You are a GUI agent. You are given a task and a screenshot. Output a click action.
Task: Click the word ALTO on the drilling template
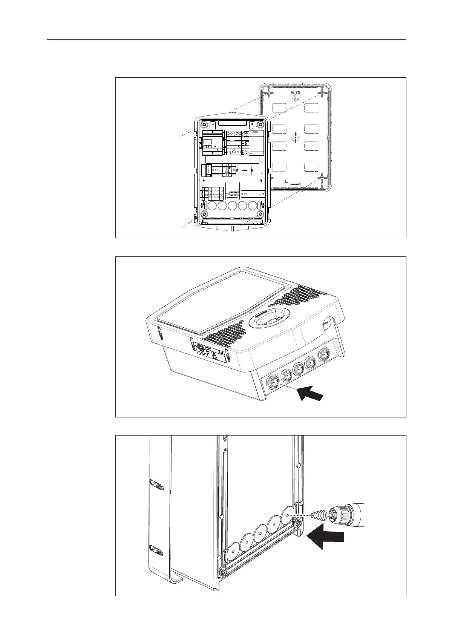pyautogui.click(x=295, y=92)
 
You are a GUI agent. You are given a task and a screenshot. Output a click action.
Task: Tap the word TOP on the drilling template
pyautogui.click(x=295, y=100)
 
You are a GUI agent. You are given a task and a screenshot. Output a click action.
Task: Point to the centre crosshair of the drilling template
pyautogui.click(x=295, y=138)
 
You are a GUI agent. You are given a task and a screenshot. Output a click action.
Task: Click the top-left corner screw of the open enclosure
pyautogui.click(x=204, y=125)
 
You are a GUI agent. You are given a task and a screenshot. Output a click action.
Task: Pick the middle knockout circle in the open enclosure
pyautogui.click(x=232, y=206)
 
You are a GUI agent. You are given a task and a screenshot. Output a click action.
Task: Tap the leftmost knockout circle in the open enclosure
pyautogui.click(x=212, y=206)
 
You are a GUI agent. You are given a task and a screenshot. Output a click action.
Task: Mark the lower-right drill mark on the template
pyautogui.click(x=322, y=176)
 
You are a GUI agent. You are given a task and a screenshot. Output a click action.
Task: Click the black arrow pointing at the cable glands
pyautogui.click(x=311, y=394)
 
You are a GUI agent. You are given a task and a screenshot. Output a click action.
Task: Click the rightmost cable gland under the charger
pyautogui.click(x=324, y=355)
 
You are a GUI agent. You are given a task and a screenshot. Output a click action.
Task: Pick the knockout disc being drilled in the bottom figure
pyautogui.click(x=288, y=514)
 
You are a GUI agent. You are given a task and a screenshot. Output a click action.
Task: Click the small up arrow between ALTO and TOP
pyautogui.click(x=295, y=97)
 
